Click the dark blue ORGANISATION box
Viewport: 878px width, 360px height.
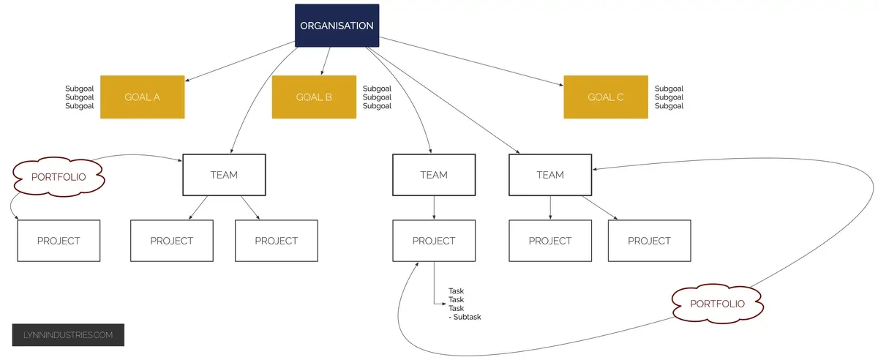(337, 26)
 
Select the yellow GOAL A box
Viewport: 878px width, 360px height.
(142, 97)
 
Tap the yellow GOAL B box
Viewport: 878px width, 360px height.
(314, 97)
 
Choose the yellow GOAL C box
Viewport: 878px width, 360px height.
(605, 97)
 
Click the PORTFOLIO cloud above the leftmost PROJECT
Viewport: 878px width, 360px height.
(57, 176)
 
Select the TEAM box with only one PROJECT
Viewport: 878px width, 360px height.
(434, 175)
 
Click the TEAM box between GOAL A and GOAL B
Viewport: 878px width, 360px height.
(224, 175)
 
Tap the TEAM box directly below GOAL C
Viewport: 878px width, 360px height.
(550, 175)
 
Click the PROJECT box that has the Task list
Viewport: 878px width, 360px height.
(434, 240)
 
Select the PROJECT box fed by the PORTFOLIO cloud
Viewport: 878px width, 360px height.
(59, 240)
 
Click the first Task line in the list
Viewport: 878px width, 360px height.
(455, 290)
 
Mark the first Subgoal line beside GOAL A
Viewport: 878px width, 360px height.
(80, 89)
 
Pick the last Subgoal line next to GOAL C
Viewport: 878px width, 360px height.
(669, 106)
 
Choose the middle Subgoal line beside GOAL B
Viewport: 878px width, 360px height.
(377, 97)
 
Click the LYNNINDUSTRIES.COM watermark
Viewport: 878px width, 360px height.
(68, 335)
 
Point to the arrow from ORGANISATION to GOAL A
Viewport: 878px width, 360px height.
(241, 61)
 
